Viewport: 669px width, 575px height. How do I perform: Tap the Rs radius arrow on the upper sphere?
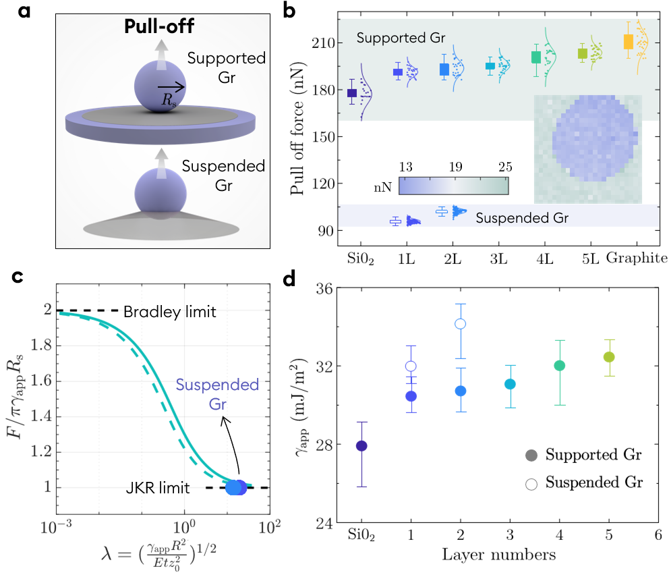pyautogui.click(x=171, y=87)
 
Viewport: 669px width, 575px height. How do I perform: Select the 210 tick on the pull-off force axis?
pyautogui.click(x=326, y=43)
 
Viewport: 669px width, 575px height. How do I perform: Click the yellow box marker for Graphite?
pyautogui.click(x=629, y=42)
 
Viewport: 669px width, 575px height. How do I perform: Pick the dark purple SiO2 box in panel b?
pyautogui.click(x=352, y=92)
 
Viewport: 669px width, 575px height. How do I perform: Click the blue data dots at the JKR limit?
pyautogui.click(x=235, y=487)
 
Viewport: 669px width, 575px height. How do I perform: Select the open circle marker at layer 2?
pyautogui.click(x=461, y=324)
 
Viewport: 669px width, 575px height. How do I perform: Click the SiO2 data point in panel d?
pyautogui.click(x=361, y=446)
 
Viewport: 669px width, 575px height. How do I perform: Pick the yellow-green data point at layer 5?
pyautogui.click(x=609, y=357)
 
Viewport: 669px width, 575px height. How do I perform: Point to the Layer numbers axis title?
pyautogui.click(x=499, y=555)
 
